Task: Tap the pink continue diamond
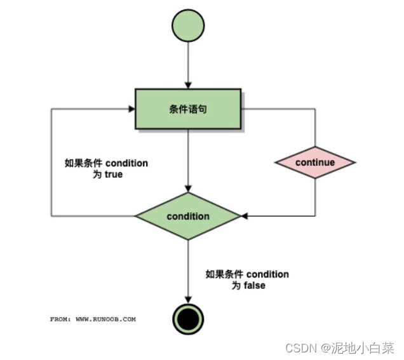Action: pos(314,162)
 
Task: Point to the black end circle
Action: pos(188,317)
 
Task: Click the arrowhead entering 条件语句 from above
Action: pos(188,84)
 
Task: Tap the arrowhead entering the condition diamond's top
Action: pos(188,189)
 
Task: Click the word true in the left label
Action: pos(113,174)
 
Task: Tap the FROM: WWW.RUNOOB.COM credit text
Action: pos(93,319)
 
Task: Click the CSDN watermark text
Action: pos(301,348)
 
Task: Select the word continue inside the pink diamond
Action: pos(314,162)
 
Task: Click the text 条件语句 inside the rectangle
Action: pos(188,109)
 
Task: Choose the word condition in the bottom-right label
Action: pos(267,274)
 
